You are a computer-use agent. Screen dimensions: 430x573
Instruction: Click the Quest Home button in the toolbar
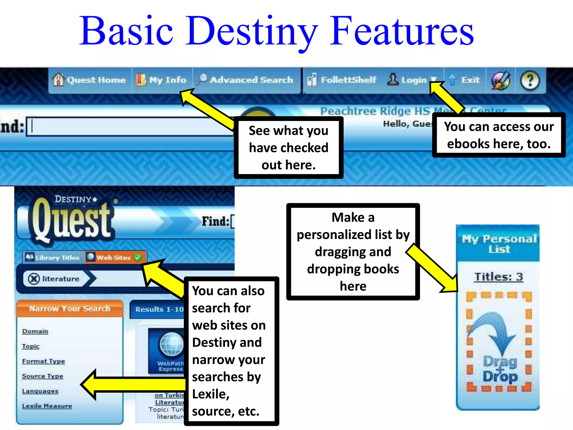[x=90, y=80]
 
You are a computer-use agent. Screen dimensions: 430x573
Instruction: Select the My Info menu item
[x=162, y=80]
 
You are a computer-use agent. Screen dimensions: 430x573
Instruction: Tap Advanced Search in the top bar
[x=245, y=80]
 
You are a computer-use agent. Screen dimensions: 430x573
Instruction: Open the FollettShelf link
[x=342, y=80]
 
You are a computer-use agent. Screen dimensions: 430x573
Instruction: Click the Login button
[x=409, y=80]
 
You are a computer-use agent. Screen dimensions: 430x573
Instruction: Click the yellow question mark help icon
[x=530, y=81]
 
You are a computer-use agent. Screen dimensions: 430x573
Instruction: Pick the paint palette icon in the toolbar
[x=501, y=81]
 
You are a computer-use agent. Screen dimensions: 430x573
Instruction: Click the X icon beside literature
[x=34, y=279]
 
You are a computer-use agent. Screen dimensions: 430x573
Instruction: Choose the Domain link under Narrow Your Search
[x=35, y=331]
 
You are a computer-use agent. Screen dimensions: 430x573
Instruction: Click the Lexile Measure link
[x=47, y=406]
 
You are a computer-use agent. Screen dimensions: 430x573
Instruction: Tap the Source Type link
[x=43, y=376]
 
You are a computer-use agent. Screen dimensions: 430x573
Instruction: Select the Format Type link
[x=43, y=361]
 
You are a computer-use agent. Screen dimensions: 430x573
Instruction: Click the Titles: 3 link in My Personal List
[x=499, y=277]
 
